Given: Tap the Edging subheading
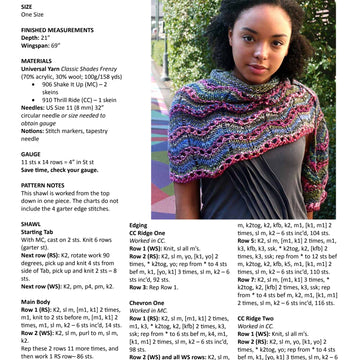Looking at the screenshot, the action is (x=138, y=225).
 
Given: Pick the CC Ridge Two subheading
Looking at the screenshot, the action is (x=258, y=318).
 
